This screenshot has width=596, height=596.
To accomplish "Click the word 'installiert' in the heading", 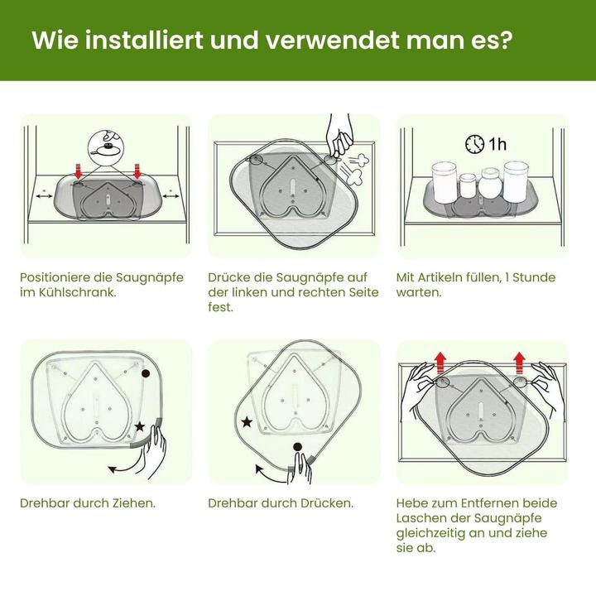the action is (x=144, y=40).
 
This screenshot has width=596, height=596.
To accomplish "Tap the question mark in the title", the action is (x=507, y=40).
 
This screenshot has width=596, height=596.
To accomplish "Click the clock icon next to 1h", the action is (x=475, y=144).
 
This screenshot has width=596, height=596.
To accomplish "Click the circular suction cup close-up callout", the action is (x=106, y=147).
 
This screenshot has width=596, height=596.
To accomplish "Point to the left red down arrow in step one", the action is (x=79, y=171).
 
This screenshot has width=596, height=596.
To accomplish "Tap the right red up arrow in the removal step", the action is (x=519, y=363).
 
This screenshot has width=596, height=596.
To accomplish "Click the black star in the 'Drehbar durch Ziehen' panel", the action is (x=140, y=426).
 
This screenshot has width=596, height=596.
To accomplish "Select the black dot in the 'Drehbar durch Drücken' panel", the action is (x=298, y=447).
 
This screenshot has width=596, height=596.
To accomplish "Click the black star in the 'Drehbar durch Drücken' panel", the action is (x=247, y=421).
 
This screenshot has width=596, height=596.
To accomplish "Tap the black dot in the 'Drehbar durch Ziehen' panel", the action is (x=146, y=373).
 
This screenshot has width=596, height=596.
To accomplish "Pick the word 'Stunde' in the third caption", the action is (x=534, y=277).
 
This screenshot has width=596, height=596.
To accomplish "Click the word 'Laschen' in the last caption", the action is (x=420, y=518).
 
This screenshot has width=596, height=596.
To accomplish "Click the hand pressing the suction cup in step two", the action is (x=339, y=136).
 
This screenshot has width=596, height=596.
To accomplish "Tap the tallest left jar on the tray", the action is (x=444, y=182).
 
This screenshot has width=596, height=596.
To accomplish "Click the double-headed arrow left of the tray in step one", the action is (x=44, y=196).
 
